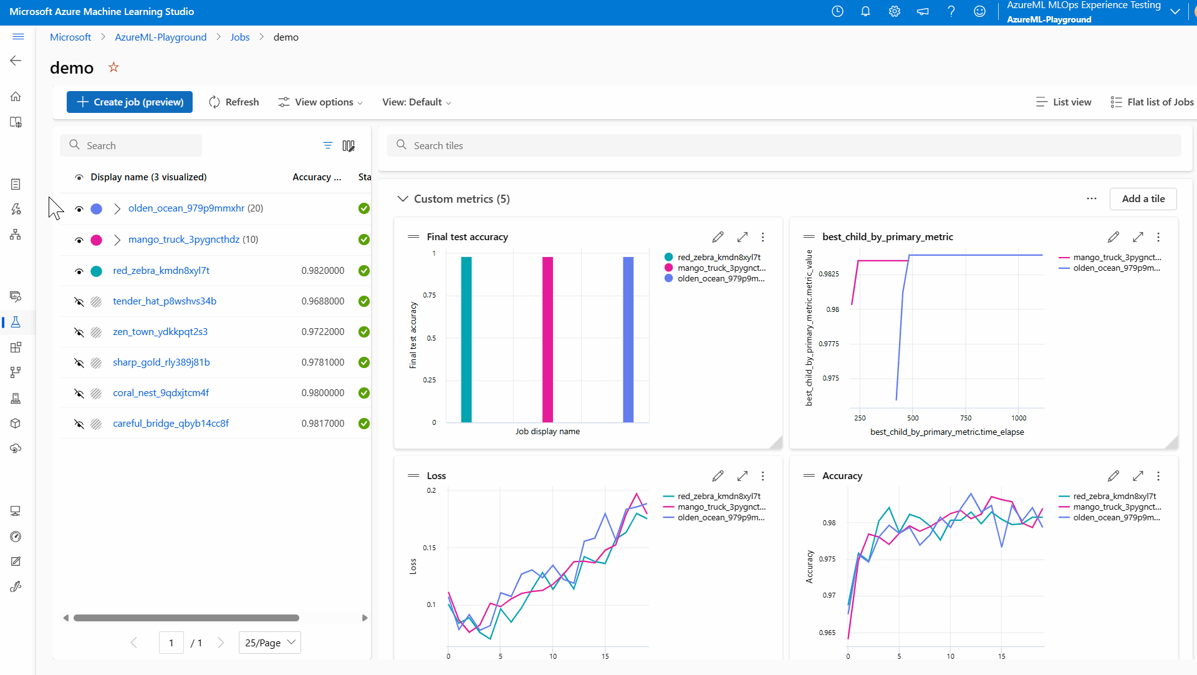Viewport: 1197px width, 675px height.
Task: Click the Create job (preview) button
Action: click(130, 102)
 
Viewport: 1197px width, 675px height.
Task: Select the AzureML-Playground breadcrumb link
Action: click(160, 37)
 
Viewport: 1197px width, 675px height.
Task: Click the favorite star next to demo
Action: click(113, 67)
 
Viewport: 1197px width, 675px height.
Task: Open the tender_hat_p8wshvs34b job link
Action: click(165, 301)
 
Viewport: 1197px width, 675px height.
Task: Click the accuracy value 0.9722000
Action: click(322, 332)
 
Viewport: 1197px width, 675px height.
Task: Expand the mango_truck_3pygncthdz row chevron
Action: click(117, 240)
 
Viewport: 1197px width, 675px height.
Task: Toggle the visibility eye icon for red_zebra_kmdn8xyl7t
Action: click(79, 271)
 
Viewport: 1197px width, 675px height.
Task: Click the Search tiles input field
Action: click(786, 146)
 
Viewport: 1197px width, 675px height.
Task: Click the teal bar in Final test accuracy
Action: click(466, 340)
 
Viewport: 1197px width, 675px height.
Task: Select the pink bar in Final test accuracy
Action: click(547, 340)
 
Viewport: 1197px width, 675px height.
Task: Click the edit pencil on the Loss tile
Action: click(718, 477)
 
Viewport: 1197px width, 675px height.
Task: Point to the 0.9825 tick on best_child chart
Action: click(829, 274)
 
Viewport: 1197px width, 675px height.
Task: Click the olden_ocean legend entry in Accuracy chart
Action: click(1116, 518)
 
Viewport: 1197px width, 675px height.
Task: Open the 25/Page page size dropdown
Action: click(269, 643)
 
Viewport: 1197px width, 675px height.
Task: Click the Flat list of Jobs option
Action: click(1152, 102)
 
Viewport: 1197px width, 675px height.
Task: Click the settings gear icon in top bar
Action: click(894, 12)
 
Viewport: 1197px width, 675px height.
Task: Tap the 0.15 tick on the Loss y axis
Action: click(430, 548)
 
